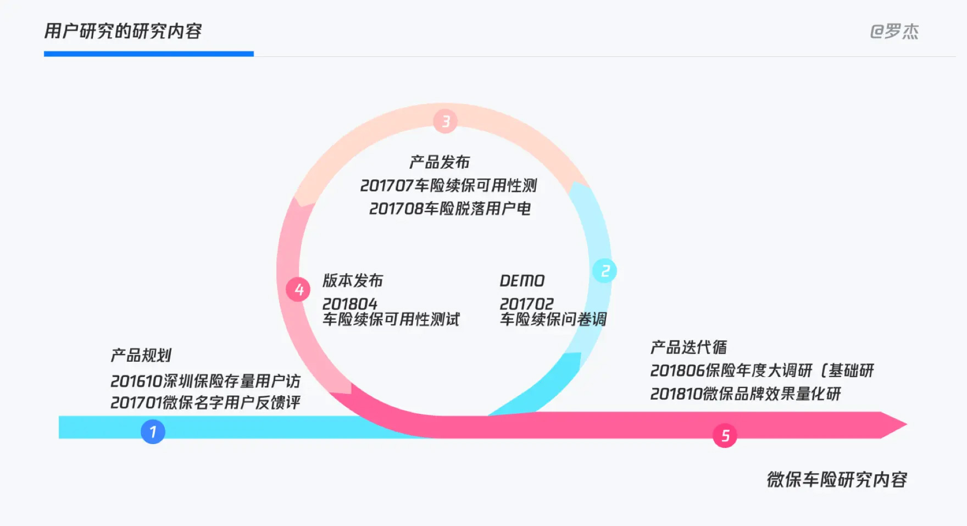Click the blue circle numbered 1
pos(153,431)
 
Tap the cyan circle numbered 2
pos(604,271)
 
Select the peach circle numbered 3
pos(446,121)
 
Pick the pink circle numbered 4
pos(298,289)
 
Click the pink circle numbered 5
pos(725,435)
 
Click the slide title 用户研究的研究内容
pos(123,31)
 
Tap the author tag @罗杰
pos(894,31)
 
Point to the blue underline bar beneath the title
pos(149,54)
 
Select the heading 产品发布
pos(440,162)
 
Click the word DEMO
pos(522,281)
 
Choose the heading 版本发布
pos(353,280)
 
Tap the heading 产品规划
pos(141,355)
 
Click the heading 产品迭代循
pos(688,347)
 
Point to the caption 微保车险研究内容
pos(837,480)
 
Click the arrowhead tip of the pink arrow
pos(907,424)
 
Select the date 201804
pos(350,304)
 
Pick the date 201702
pos(527,304)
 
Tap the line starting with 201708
pos(450,209)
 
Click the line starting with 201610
pos(205,381)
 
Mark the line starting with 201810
pos(746,394)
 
